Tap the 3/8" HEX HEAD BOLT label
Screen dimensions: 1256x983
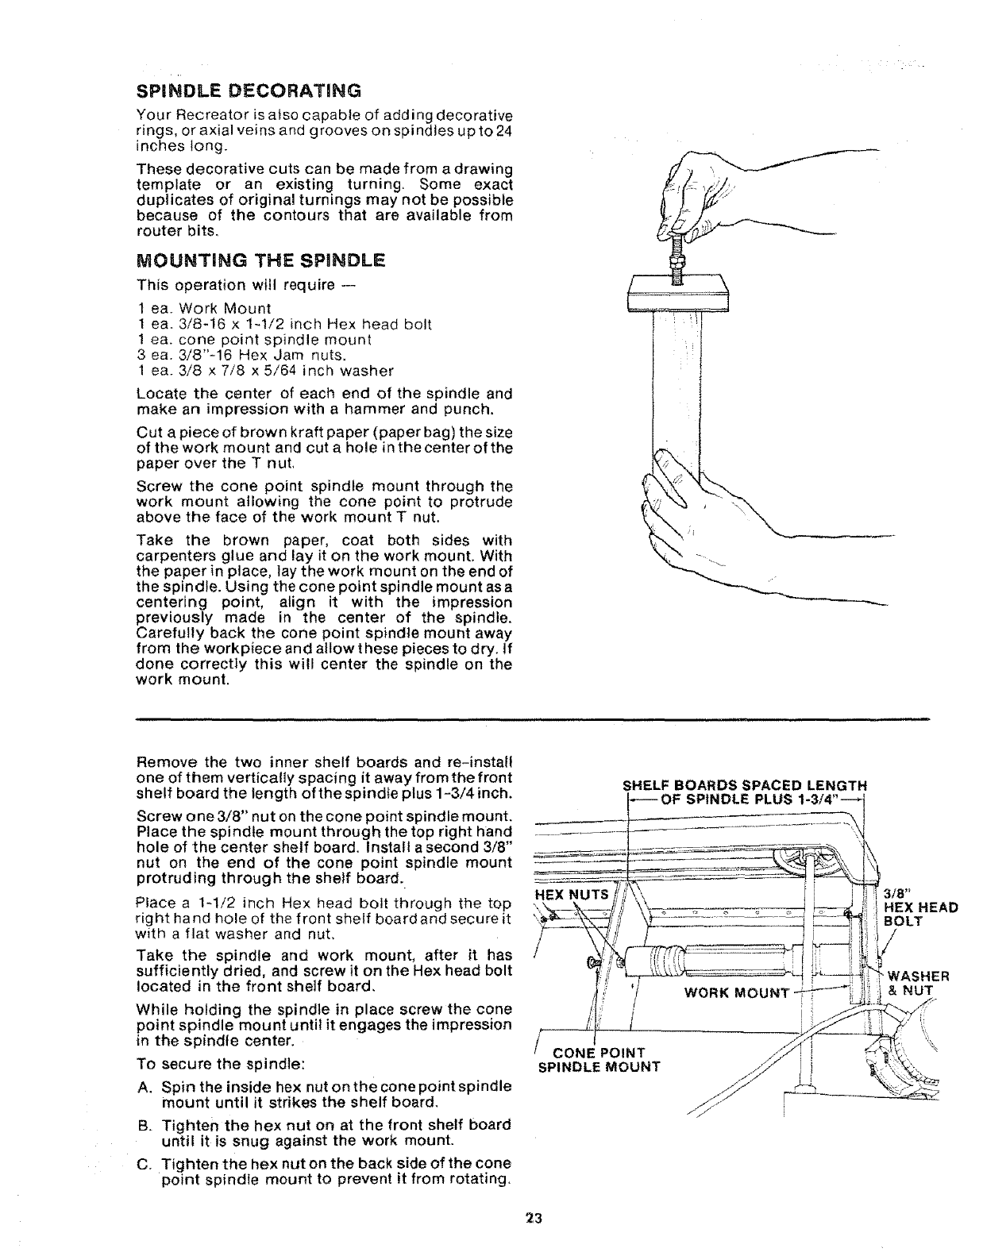920,907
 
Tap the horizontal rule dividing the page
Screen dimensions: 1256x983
532,719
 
